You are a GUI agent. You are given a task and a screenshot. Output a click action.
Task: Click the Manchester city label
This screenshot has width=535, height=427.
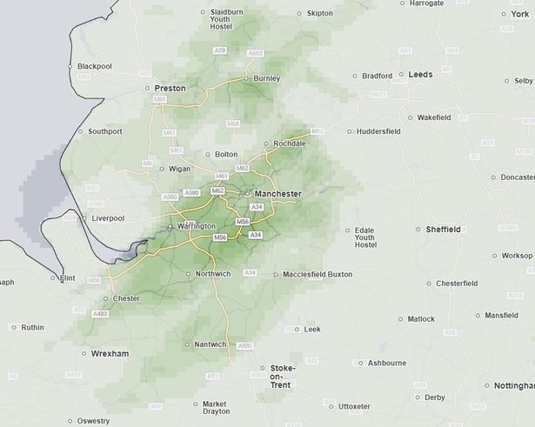click(x=278, y=193)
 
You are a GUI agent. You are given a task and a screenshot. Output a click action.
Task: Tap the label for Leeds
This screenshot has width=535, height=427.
click(x=420, y=75)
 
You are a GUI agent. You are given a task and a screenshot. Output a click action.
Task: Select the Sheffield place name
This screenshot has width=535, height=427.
click(x=443, y=230)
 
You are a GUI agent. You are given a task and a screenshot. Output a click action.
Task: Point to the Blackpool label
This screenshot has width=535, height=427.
click(x=96, y=66)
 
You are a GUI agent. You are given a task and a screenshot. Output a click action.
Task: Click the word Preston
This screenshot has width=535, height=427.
click(x=170, y=89)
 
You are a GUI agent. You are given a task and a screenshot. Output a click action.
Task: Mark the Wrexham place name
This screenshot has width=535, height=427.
click(x=110, y=354)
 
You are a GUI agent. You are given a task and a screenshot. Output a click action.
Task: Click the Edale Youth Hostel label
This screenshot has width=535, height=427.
click(x=364, y=237)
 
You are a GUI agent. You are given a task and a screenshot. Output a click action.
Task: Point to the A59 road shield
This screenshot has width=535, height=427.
click(x=221, y=51)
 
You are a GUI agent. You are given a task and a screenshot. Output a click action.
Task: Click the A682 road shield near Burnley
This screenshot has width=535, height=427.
click(x=255, y=53)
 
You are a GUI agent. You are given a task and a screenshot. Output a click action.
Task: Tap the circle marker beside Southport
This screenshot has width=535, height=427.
click(x=80, y=132)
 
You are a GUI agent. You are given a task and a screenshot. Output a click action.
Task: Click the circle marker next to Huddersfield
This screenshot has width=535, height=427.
click(x=350, y=132)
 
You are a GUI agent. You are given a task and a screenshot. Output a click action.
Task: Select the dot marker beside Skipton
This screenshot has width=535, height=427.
click(x=299, y=14)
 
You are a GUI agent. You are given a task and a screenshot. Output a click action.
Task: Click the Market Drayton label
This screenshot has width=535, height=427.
click(x=214, y=409)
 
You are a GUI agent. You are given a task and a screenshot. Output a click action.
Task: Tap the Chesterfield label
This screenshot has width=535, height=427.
click(x=457, y=284)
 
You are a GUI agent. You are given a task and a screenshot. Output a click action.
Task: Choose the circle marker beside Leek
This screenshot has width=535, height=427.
click(x=298, y=330)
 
